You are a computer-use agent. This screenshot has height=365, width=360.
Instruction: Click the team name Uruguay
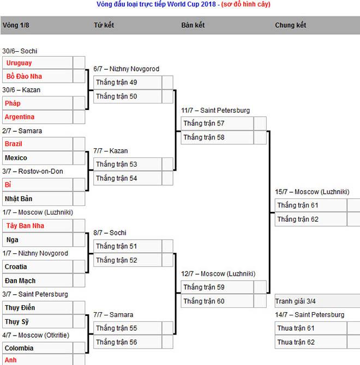pos(19,63)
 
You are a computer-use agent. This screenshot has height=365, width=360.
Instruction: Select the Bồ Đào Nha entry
pos(23,76)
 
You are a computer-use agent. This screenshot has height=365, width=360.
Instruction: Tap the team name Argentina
pos(20,117)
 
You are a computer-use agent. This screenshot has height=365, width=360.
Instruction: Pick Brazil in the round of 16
pos(14,144)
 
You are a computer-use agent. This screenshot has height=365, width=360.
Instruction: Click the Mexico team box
pos(16,158)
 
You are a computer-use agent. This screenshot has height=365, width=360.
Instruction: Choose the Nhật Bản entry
pos(19,199)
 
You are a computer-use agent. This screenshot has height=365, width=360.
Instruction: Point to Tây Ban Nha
pos(25,226)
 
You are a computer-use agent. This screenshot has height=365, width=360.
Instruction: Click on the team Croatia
pos(16,267)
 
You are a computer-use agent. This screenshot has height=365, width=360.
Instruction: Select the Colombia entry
pos(19,348)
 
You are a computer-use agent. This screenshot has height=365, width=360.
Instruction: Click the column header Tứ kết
pos(104,25)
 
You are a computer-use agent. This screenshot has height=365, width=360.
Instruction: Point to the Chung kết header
pos(290,25)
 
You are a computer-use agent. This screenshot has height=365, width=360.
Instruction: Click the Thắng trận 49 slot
pos(117,82)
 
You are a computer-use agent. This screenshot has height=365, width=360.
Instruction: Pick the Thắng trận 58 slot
pos(204,137)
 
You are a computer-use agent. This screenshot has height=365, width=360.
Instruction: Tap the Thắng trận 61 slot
pos(298,205)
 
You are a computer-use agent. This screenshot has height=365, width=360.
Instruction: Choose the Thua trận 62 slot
pos(296,342)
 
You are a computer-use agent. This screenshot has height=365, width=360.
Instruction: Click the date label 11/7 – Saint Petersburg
pos(215,111)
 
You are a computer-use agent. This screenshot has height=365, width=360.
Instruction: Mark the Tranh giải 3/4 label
pos(295,301)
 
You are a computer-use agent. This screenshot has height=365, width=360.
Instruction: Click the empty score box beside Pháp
pos(79,103)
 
